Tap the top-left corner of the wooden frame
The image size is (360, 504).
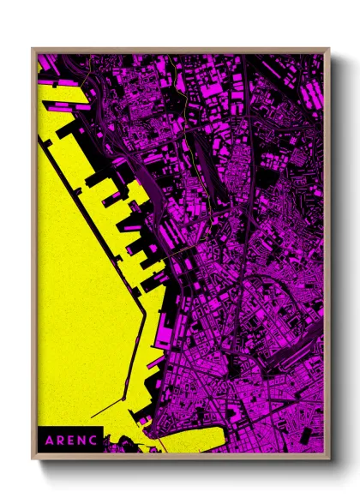pyautogui.click(x=33, y=49)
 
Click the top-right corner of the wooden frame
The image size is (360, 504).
pyautogui.click(x=328, y=49)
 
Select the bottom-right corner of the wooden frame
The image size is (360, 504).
pyautogui.click(x=328, y=455)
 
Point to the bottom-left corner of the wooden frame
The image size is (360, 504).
pyautogui.click(x=33, y=455)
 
